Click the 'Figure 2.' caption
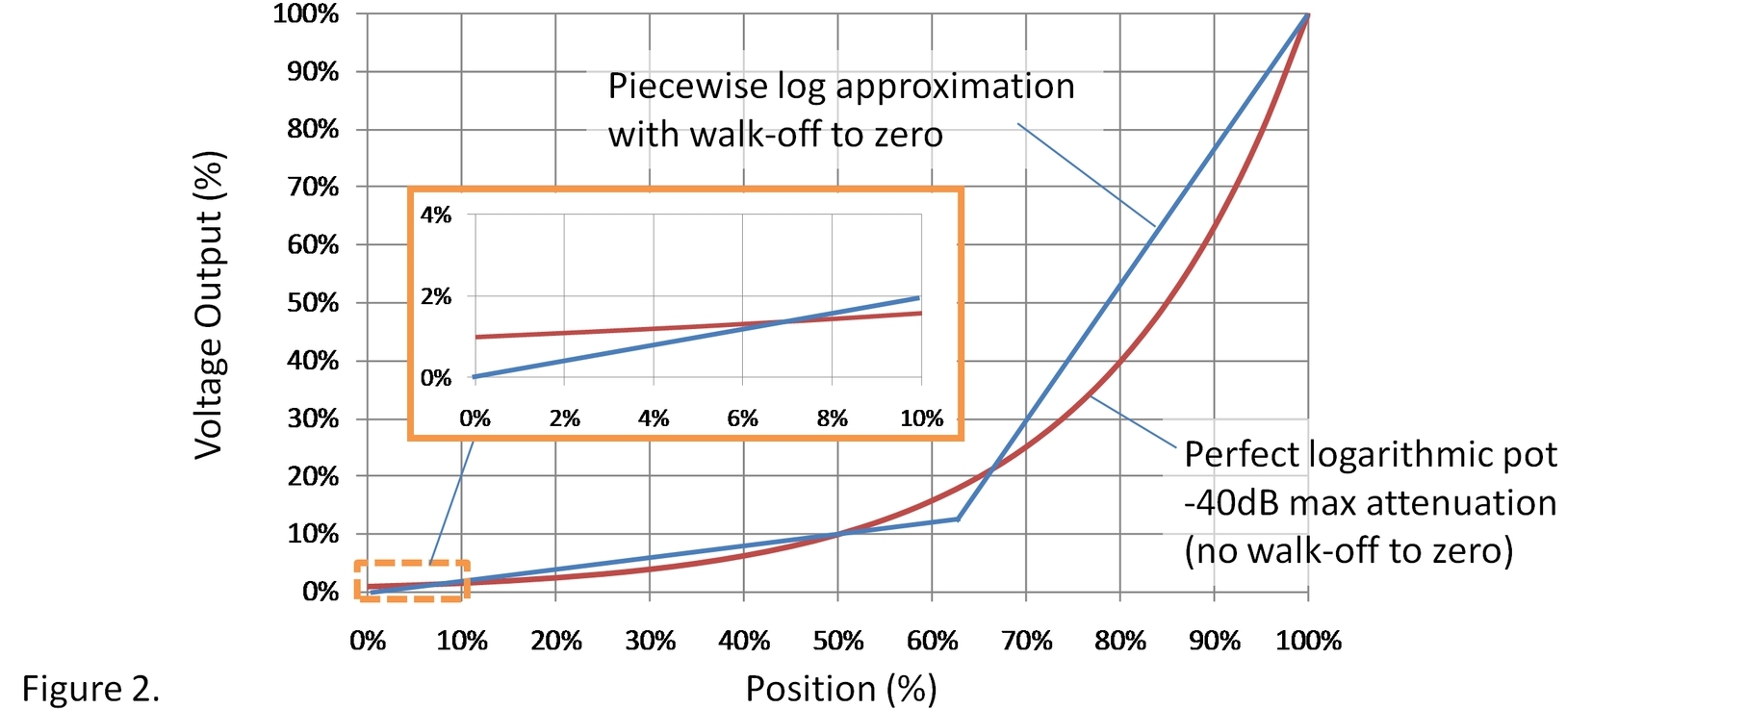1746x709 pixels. [x=90, y=689]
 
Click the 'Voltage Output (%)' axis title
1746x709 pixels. [x=209, y=305]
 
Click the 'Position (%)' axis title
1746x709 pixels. [x=840, y=689]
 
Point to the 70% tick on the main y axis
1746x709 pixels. [x=313, y=187]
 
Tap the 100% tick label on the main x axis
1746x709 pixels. [x=1308, y=641]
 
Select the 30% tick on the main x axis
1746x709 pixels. [x=650, y=641]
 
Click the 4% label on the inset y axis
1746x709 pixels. [x=436, y=215]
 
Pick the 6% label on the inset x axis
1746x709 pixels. [x=742, y=418]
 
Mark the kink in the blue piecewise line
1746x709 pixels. [x=958, y=519]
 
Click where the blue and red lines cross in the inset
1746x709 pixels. [x=784, y=321]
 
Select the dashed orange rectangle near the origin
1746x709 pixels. [x=411, y=581]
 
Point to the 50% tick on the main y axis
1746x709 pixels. [x=313, y=303]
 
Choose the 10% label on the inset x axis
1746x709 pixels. [x=921, y=418]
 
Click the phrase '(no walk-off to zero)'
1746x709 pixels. [x=1348, y=551]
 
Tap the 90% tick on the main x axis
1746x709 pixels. [x=1214, y=641]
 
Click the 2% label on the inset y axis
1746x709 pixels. [x=436, y=296]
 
